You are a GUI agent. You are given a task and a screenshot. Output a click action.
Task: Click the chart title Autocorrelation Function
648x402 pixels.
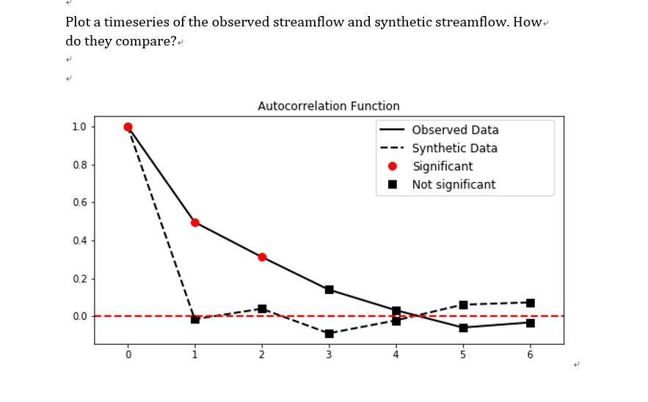point(329,106)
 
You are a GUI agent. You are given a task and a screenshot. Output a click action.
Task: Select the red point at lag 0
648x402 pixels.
point(128,127)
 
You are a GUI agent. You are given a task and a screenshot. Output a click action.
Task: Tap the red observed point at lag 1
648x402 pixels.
point(195,222)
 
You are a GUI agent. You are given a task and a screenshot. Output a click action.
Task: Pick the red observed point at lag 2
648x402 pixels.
point(262,257)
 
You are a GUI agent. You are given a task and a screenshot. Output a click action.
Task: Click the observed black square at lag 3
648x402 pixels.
point(329,290)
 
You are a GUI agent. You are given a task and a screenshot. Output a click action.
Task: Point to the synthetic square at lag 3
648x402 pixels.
point(329,334)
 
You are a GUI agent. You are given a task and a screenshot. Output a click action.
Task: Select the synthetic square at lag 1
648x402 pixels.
point(195,319)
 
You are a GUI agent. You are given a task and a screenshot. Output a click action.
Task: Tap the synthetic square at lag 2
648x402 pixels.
point(262,309)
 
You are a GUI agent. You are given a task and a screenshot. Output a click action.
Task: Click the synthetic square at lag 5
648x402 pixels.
point(463,304)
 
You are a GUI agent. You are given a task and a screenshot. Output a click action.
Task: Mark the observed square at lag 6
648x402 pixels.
point(530,323)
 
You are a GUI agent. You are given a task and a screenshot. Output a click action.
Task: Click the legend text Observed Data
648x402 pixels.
point(455,130)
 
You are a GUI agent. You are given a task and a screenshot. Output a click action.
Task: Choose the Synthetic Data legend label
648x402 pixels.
point(454,148)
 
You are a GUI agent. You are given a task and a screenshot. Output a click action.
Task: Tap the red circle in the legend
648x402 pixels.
point(393,167)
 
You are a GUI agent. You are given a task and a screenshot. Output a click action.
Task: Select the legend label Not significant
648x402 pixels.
point(454,185)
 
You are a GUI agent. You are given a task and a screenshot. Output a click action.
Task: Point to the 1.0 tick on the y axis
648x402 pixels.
point(79,127)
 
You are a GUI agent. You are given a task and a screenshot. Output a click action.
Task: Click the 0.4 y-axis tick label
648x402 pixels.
point(79,241)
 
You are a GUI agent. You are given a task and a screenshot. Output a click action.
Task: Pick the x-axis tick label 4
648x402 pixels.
point(396,355)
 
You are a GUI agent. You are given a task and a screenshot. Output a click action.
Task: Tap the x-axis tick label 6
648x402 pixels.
point(530,355)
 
